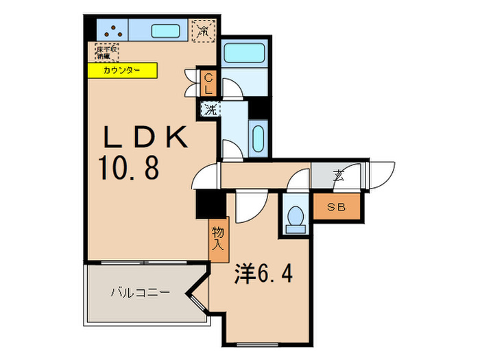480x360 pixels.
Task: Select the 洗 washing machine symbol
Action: coord(209,108)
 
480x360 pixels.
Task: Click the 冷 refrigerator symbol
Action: coord(204,31)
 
